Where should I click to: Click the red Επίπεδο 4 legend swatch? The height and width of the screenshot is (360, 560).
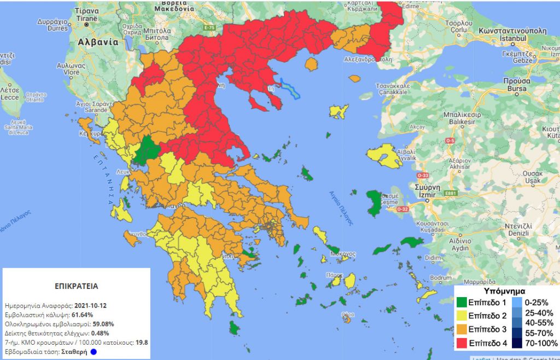463,343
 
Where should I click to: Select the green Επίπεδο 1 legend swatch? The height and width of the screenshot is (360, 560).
463,302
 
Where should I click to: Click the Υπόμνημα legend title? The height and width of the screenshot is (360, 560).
505,291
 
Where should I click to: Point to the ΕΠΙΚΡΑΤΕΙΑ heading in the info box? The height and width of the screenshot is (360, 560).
77,286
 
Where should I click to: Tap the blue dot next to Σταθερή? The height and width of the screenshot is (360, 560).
94,352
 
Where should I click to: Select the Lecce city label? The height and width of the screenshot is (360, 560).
10,96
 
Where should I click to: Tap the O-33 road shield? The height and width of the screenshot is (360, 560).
422,175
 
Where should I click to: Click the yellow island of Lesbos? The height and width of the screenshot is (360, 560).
385,156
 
